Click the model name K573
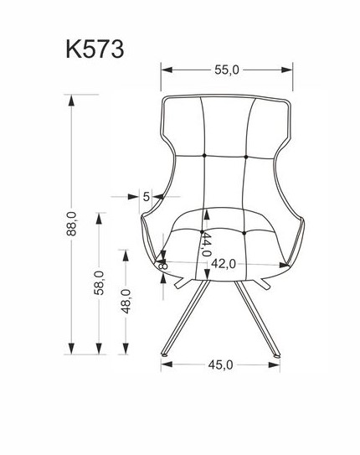pos(95,49)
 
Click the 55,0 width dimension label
pos(227,70)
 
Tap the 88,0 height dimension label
pos(71,224)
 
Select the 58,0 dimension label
pos(99,282)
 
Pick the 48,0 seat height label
pos(126,301)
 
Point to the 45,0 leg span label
pos(220,365)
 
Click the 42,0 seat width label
pos(224,264)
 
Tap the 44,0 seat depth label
pos(206,245)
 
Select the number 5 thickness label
pos(147,197)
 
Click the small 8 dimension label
pos(163,266)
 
